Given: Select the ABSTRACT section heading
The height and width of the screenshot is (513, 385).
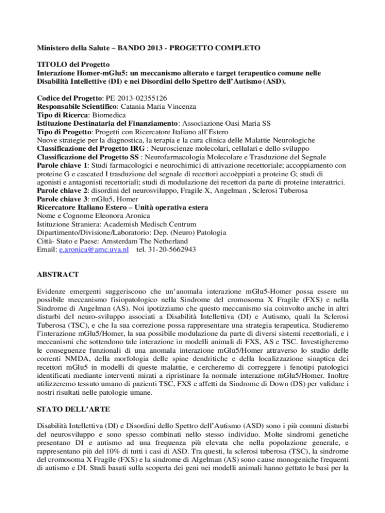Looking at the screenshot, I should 57,275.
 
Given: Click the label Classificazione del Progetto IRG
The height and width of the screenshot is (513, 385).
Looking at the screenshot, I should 96,149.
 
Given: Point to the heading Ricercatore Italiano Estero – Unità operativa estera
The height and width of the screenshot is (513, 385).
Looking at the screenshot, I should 122,207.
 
